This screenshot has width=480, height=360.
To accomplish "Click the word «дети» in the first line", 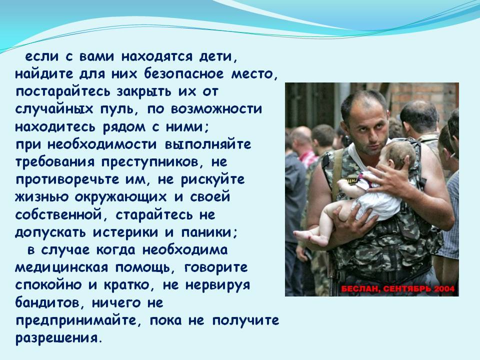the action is (x=215, y=57).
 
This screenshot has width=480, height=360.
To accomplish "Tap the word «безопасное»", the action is (x=184, y=74).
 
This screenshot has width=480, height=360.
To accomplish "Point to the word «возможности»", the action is (x=216, y=109).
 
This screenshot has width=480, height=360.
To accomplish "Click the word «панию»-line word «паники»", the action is (x=209, y=233).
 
